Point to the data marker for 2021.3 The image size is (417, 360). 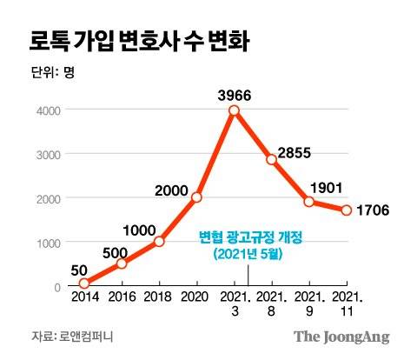point(234,110)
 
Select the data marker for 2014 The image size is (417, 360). point(84,283)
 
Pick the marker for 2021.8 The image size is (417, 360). point(271,159)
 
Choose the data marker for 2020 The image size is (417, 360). point(196,197)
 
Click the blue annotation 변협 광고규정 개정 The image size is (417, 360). point(248,237)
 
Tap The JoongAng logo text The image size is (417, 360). point(341,337)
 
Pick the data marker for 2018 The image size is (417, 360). point(159,242)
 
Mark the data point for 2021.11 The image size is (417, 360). point(346,210)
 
